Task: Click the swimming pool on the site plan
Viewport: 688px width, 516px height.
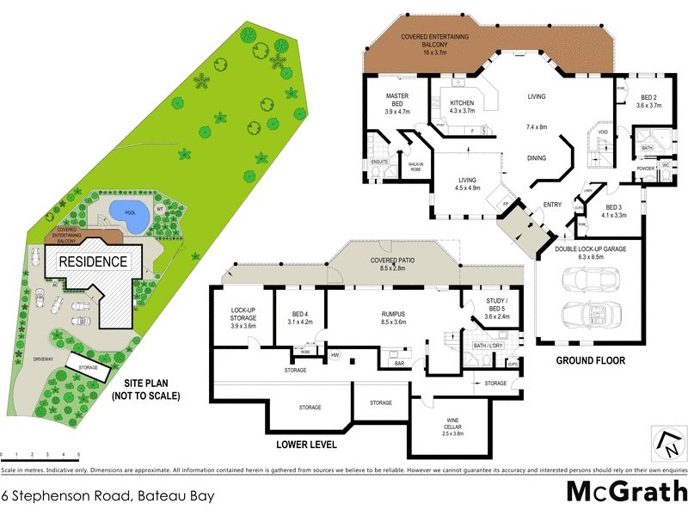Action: [129, 213]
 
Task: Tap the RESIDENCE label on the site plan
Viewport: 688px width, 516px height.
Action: [93, 261]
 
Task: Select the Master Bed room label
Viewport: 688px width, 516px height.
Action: [396, 103]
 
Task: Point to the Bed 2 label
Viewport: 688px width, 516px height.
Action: [648, 100]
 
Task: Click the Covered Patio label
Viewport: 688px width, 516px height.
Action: [392, 263]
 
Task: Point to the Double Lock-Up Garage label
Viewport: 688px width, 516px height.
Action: [590, 253]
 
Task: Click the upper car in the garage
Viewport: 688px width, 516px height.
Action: [587, 280]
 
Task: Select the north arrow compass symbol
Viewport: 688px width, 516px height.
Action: [666, 444]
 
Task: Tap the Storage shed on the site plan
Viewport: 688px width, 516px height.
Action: [88, 365]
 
